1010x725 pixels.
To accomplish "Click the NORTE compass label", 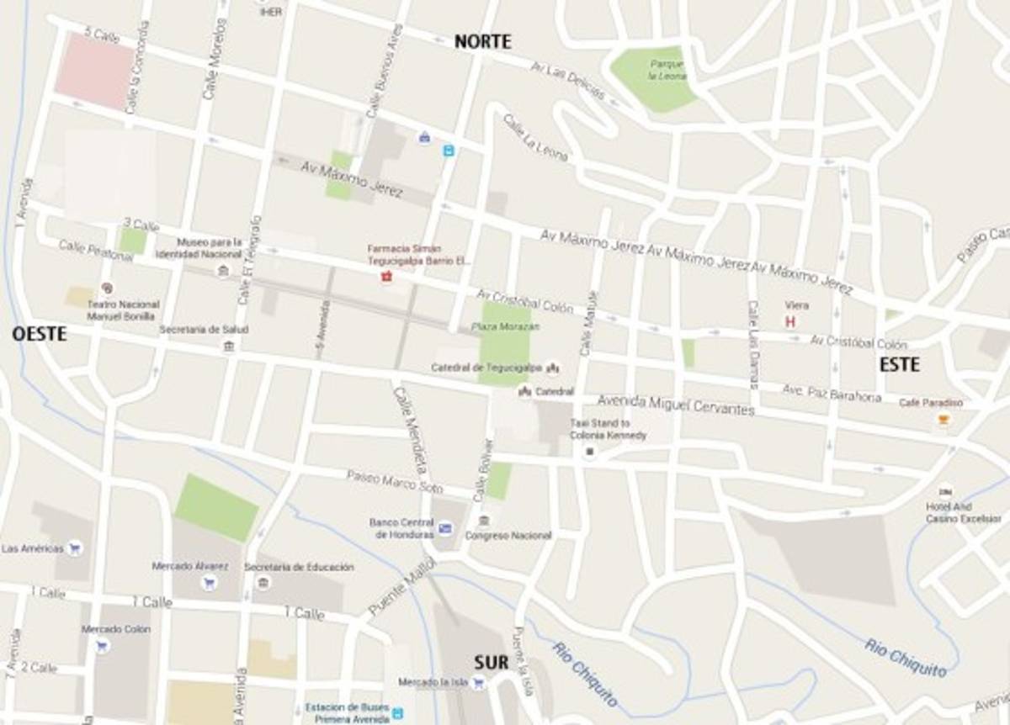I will tap(482, 42).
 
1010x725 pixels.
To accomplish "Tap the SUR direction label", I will tap(491, 663).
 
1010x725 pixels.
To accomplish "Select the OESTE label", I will tap(39, 334).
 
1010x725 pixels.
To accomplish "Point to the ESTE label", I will tap(899, 365).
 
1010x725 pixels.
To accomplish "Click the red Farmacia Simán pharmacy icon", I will tap(387, 277).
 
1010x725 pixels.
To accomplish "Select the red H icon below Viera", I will tap(789, 322).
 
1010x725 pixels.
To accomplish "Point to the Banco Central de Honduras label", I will tap(401, 528).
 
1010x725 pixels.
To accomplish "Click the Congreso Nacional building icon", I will tap(484, 520).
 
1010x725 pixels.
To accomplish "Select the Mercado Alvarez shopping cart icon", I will tap(209, 582).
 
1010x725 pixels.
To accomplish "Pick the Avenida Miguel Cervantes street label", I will tap(675, 405).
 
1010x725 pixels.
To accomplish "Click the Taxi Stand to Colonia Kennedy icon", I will tap(590, 452).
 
